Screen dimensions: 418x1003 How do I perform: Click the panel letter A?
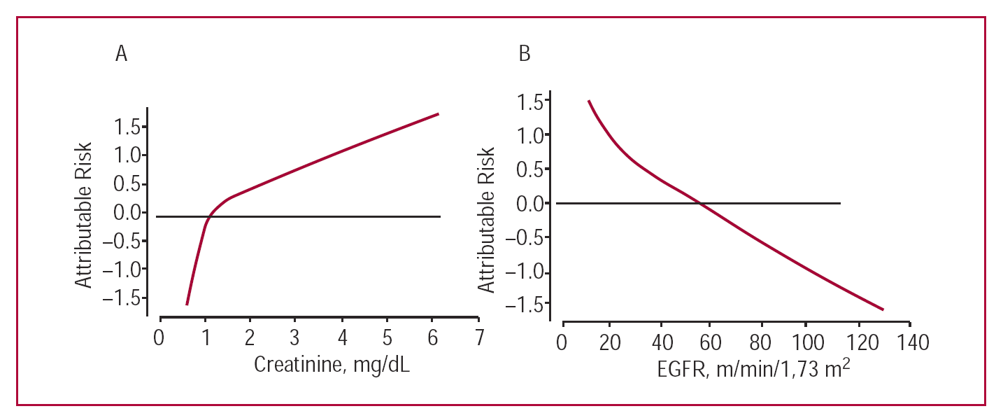[x=122, y=55]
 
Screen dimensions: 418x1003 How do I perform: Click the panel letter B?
[x=525, y=55]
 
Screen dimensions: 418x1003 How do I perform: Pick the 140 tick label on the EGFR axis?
[x=909, y=344]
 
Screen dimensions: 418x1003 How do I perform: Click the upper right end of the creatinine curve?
[x=438, y=113]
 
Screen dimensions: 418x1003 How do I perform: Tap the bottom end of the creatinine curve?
[x=187, y=304]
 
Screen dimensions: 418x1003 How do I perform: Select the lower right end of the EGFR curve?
[x=883, y=309]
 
